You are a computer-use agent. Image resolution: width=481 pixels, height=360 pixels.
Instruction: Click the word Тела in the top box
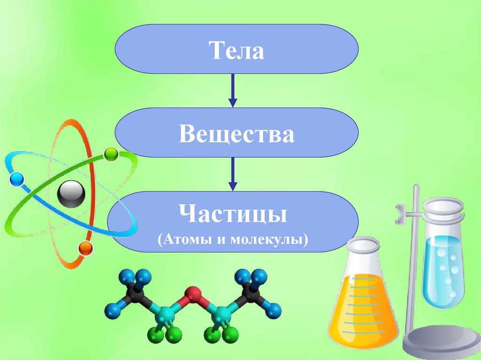(x=236, y=51)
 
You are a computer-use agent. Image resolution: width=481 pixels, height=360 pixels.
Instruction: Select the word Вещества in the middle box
(x=236, y=134)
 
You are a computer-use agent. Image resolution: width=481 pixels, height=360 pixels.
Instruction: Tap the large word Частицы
(x=233, y=214)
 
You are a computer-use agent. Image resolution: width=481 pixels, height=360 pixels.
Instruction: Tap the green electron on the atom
(x=111, y=154)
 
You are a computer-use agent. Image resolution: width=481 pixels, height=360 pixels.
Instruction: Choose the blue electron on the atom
(x=16, y=179)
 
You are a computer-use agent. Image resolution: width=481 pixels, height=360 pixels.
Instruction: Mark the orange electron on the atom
(x=85, y=247)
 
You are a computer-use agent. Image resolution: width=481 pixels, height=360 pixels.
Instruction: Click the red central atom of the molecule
(x=192, y=294)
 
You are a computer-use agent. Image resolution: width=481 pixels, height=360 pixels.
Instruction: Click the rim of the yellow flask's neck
(x=362, y=243)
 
